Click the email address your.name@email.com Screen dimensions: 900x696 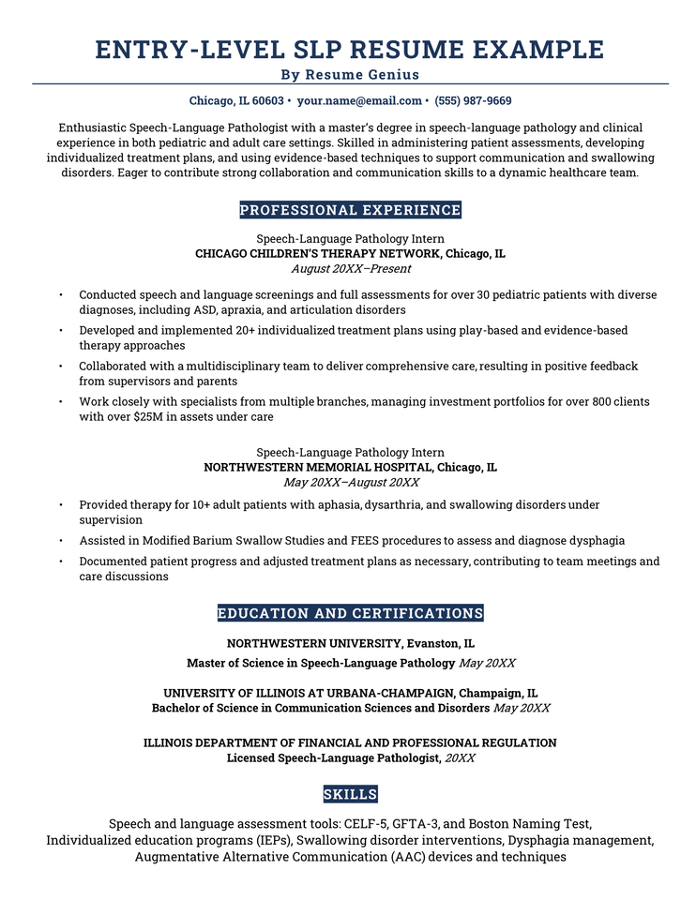(x=359, y=100)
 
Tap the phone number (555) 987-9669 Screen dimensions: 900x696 (x=474, y=100)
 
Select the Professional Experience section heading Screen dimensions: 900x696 (x=350, y=210)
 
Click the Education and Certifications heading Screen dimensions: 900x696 (x=350, y=613)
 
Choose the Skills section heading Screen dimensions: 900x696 (x=350, y=794)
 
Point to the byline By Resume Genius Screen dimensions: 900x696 (x=350, y=74)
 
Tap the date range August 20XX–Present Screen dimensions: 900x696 (x=350, y=268)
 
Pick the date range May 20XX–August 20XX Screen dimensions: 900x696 (x=351, y=482)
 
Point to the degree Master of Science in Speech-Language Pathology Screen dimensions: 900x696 (x=321, y=663)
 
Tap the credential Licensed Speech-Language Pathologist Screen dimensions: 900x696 (x=333, y=757)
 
